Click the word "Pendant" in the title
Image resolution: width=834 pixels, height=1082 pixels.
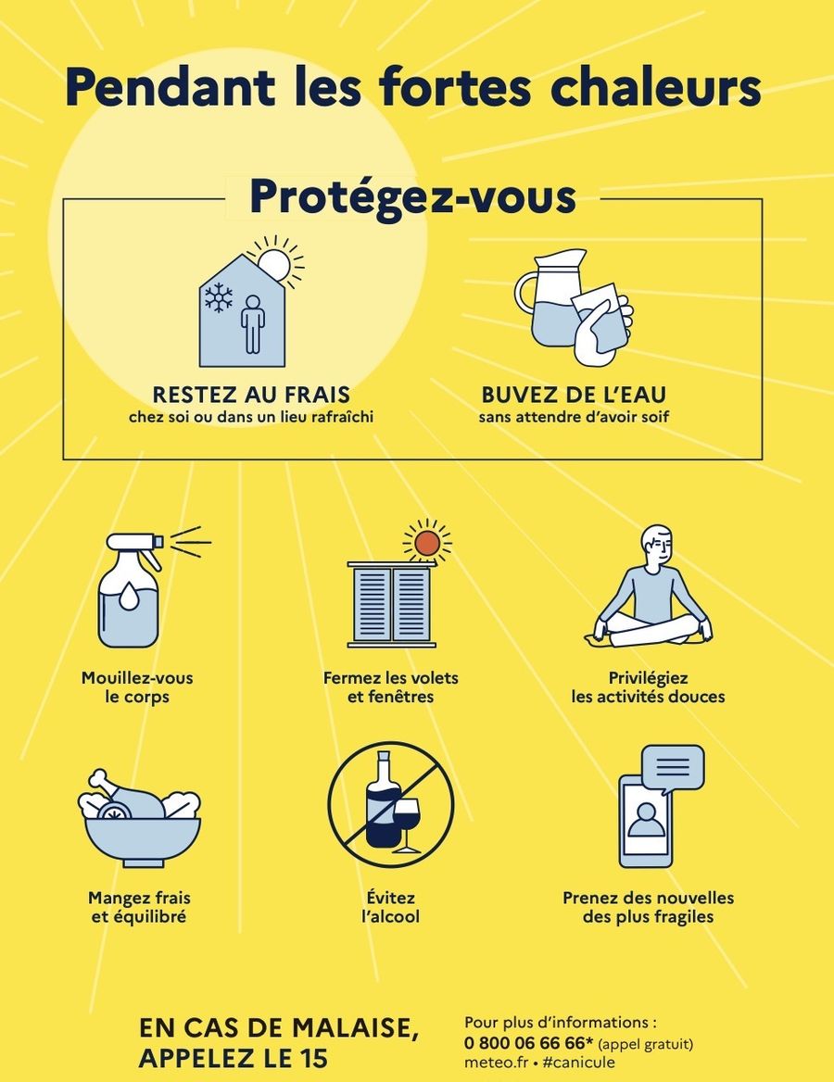point(170,88)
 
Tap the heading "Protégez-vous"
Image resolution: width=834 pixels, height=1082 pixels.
point(412,196)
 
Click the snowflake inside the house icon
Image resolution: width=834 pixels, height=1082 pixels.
point(219,296)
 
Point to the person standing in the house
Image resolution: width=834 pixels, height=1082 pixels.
point(253,324)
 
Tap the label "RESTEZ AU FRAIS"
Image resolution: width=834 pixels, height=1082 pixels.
point(251,395)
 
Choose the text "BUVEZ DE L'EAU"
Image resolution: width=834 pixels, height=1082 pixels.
point(574,395)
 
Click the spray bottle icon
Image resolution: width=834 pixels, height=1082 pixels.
point(133,590)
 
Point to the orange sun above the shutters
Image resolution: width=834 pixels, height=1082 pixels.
point(426,542)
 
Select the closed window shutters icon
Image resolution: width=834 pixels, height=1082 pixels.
point(391,605)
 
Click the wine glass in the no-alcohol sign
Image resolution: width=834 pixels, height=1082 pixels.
point(406,821)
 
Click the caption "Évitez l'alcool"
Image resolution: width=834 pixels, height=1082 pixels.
point(391,907)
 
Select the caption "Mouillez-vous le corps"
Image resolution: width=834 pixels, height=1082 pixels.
point(137,686)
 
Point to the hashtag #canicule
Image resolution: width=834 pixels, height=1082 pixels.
point(578,1062)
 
